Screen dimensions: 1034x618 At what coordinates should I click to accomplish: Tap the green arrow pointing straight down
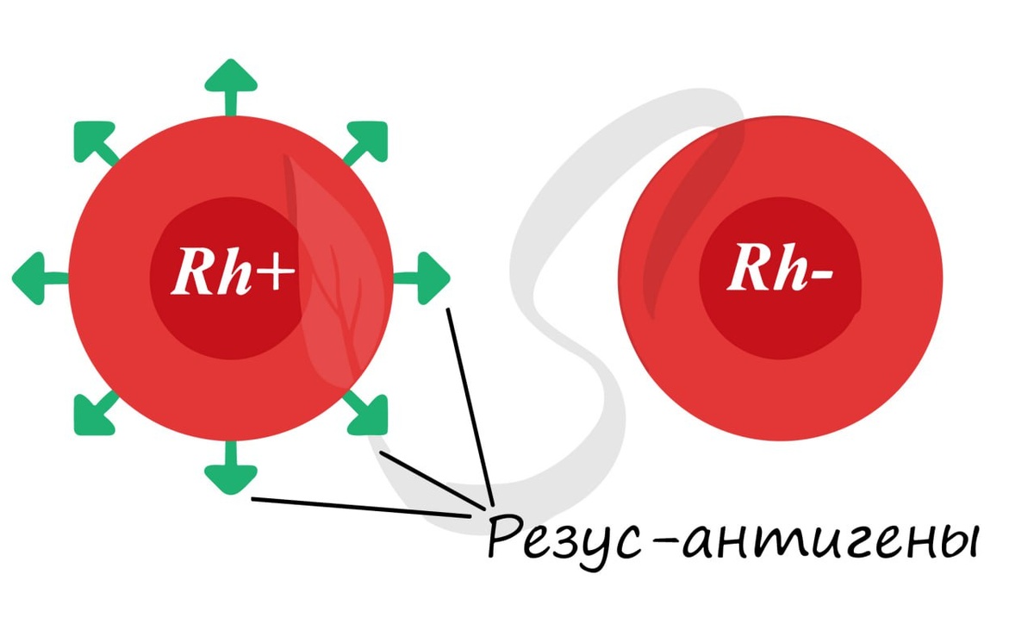[231, 473]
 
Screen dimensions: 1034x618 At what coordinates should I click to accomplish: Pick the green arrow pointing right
[427, 278]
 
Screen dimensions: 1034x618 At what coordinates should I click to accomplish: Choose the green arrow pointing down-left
[92, 415]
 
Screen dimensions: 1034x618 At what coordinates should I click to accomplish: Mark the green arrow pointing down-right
[369, 415]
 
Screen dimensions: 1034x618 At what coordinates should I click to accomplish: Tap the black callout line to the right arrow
[470, 405]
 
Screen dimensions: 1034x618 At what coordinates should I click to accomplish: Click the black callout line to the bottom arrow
[362, 507]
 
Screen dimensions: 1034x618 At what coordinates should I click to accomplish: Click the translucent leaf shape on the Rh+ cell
[332, 276]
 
